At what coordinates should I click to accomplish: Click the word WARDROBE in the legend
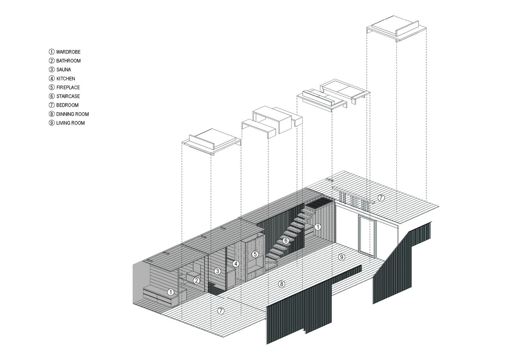click(68, 52)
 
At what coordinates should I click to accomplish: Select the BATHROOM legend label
click(68, 61)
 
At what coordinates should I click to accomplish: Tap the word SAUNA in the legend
click(64, 70)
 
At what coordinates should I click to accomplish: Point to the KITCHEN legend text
click(66, 79)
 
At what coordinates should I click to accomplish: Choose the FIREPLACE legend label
click(68, 88)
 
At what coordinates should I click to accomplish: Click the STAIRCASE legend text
click(68, 96)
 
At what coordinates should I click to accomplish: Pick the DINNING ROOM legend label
click(72, 114)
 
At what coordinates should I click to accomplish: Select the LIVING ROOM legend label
click(70, 123)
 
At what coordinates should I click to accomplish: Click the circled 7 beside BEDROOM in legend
click(52, 105)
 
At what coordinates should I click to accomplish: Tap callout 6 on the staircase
click(286, 240)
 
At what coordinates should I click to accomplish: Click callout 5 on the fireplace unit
click(255, 254)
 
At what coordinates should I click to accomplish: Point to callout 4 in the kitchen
click(236, 264)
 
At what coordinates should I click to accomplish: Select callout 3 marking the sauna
click(218, 271)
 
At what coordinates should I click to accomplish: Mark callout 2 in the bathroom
click(196, 281)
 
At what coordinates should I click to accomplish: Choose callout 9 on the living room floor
click(342, 257)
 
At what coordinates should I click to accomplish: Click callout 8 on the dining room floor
click(282, 284)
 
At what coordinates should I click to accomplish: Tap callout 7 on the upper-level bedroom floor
click(381, 198)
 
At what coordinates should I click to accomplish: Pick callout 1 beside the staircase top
click(318, 227)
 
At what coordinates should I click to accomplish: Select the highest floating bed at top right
click(396, 28)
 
